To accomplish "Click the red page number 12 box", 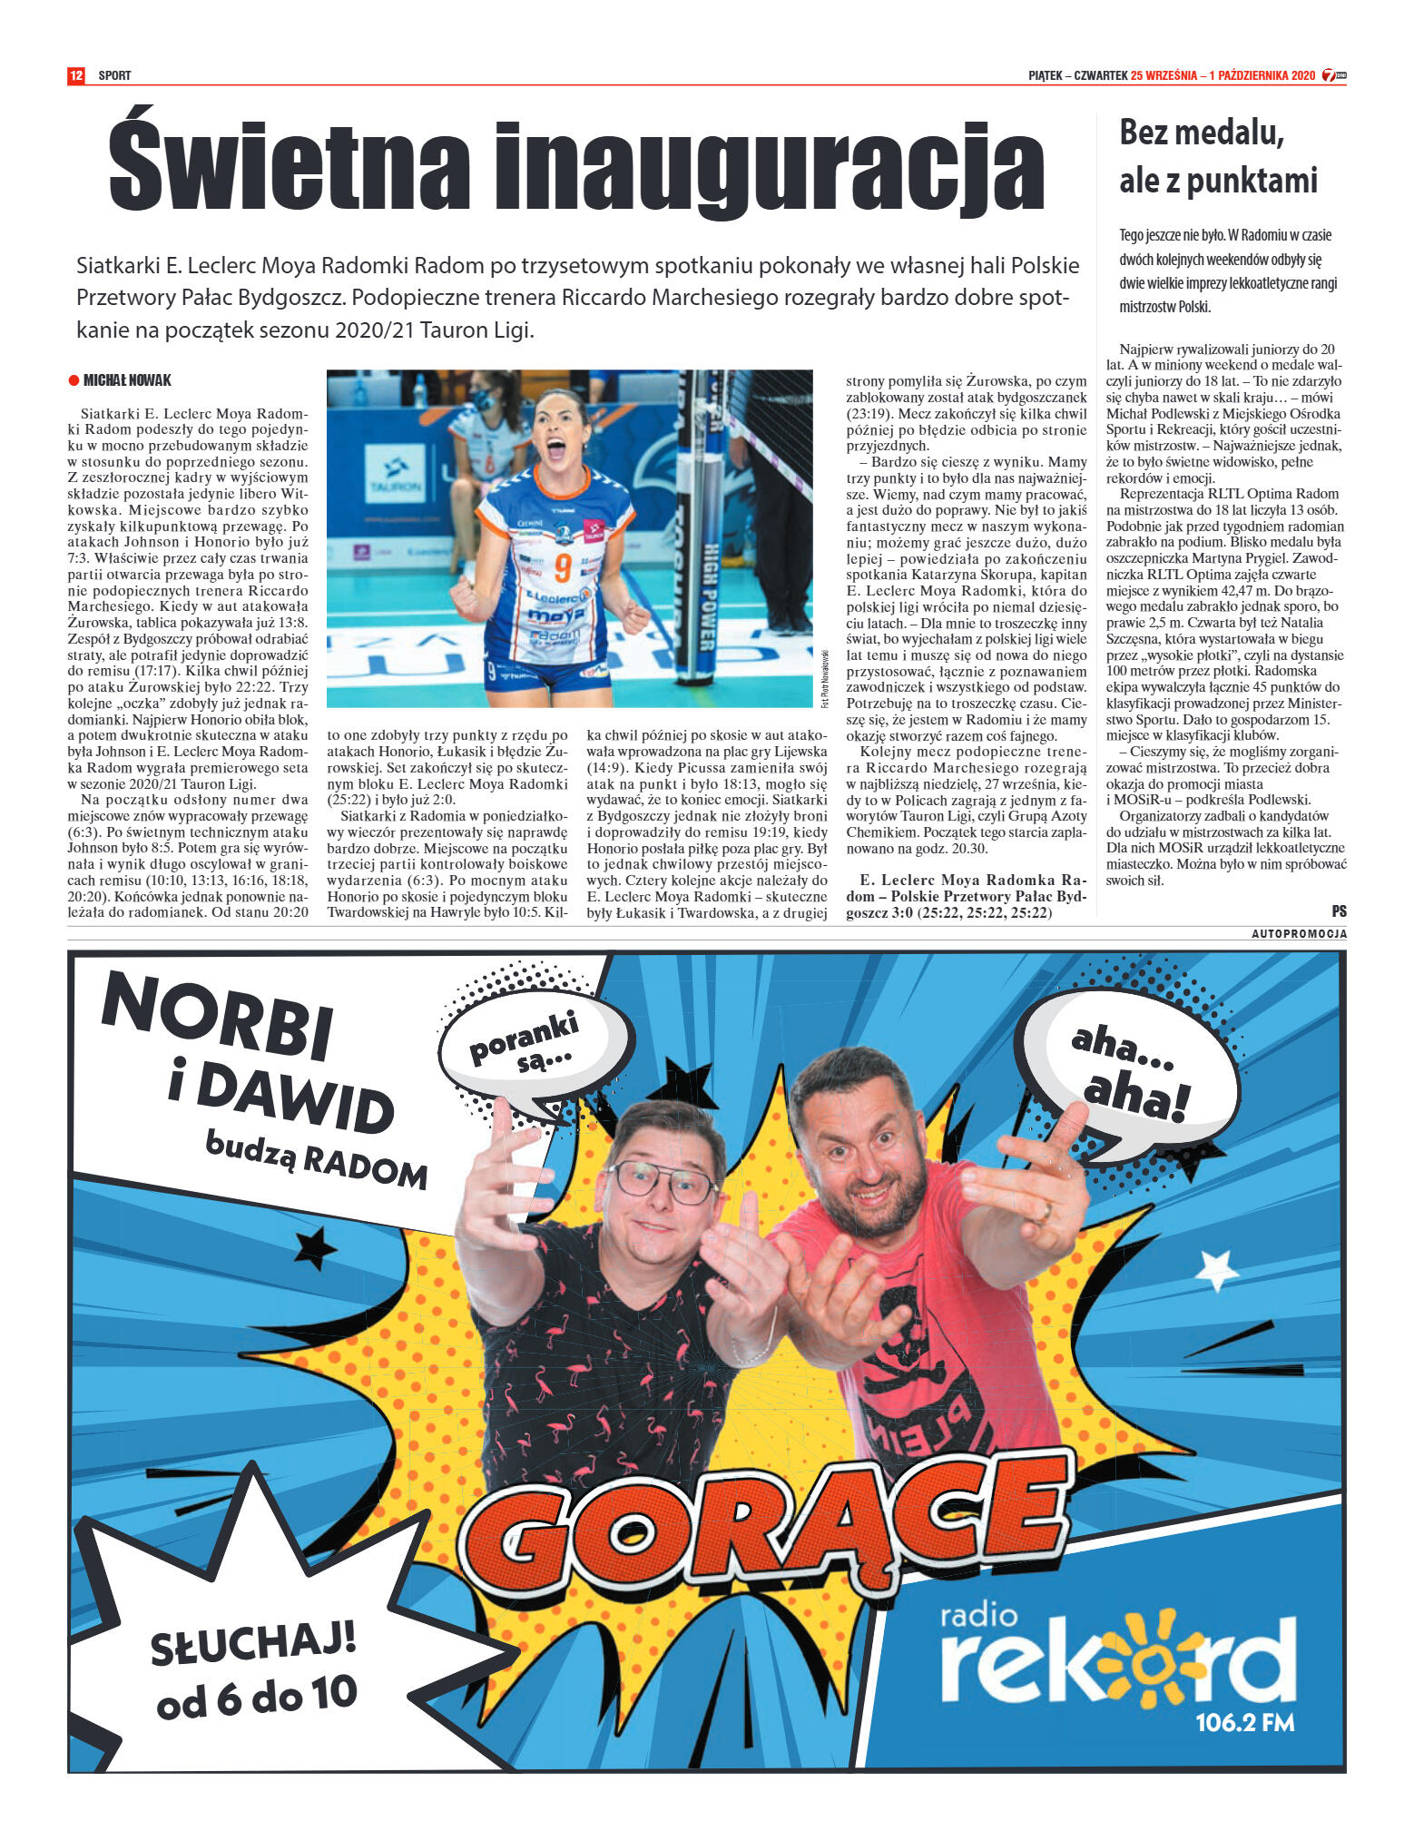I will (76, 75).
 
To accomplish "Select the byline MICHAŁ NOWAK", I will (126, 380).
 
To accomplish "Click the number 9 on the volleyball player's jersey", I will (563, 567).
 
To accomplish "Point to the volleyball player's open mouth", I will (555, 448).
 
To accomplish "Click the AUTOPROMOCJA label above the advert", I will (1299, 934).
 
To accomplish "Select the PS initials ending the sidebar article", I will (1339, 911).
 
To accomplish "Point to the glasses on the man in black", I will (663, 1182).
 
